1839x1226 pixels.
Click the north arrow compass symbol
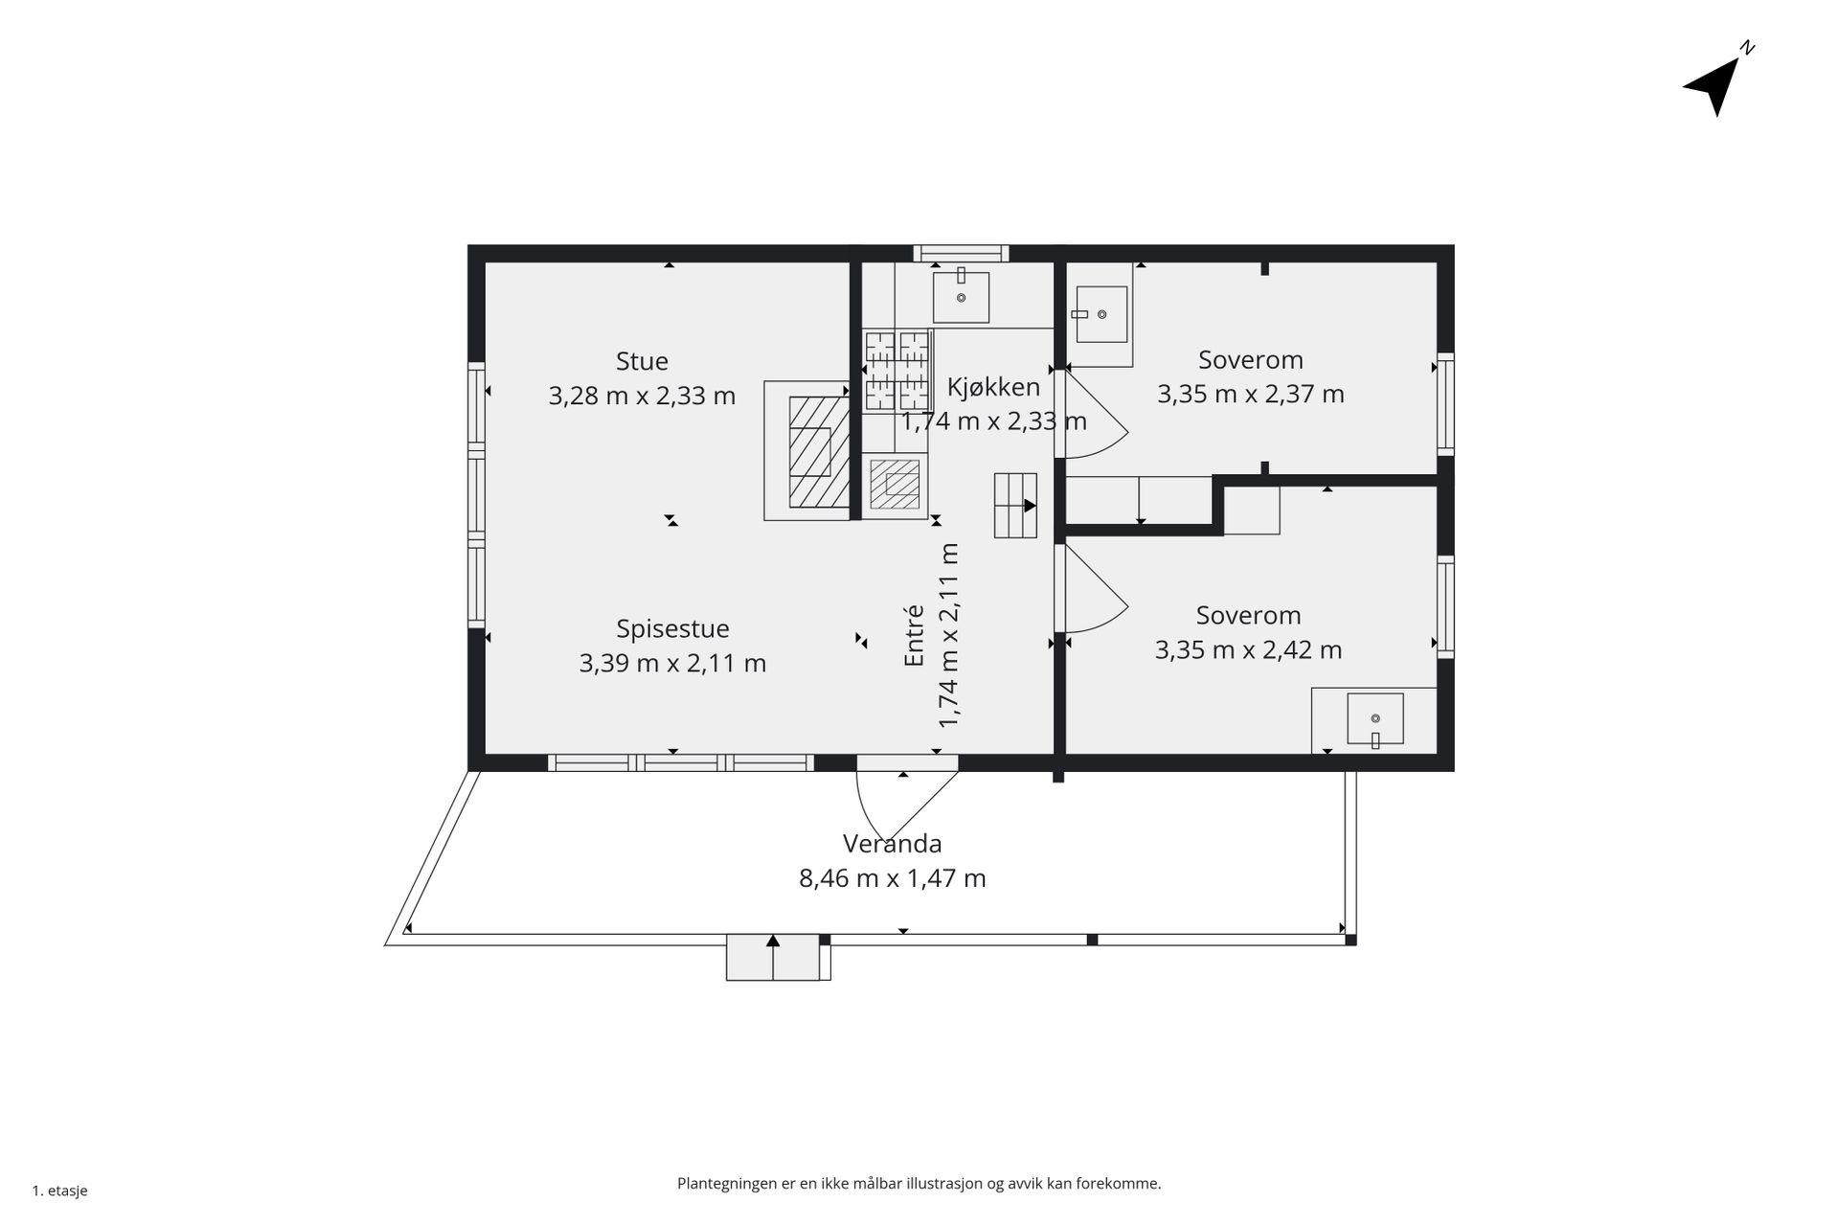[x=1714, y=84]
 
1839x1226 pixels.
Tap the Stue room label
[x=642, y=361]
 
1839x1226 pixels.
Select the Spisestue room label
[x=672, y=629]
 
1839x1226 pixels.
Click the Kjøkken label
[x=993, y=387]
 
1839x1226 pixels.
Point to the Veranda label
[x=892, y=844]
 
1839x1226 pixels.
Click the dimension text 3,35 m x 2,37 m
[x=1250, y=395]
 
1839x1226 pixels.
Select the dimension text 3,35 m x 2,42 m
[x=1248, y=650]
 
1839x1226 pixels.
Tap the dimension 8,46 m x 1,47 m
[x=892, y=878]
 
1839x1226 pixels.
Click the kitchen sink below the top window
[x=961, y=296]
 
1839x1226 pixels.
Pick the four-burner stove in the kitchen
[x=897, y=372]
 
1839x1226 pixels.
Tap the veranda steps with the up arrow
[x=773, y=957]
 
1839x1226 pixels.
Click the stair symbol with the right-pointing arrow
[x=1015, y=506]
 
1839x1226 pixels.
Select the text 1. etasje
[x=60, y=1191]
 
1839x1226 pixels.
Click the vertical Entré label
[x=915, y=635]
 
